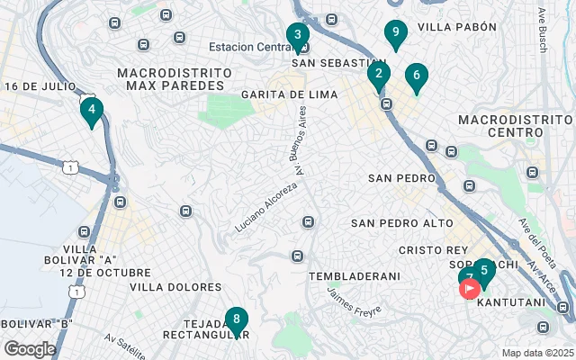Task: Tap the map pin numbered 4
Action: point(91,111)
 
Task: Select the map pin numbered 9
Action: point(394,33)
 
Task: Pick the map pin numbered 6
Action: point(416,76)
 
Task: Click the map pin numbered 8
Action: point(236,319)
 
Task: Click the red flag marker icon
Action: point(469,289)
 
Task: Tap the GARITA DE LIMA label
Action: point(288,94)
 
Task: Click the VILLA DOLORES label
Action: point(175,287)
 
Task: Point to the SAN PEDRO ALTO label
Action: point(402,222)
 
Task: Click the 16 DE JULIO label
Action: point(39,86)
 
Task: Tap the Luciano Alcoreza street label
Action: point(265,205)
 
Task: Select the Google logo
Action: point(30,348)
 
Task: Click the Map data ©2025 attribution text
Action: point(536,353)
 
